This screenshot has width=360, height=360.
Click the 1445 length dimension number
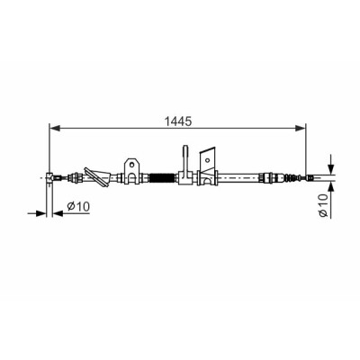click(x=178, y=121)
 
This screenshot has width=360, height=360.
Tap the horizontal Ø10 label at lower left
click(x=78, y=206)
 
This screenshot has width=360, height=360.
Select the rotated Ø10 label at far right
click(x=323, y=205)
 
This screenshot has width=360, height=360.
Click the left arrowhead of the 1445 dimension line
click(x=55, y=129)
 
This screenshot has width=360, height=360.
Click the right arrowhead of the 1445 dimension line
click(x=300, y=129)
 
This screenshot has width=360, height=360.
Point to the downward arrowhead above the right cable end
click(x=330, y=168)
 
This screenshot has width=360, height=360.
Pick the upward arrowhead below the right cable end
click(x=330, y=187)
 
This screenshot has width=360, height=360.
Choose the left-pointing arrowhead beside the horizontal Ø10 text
click(x=58, y=213)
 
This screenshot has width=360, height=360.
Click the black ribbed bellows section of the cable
click(x=161, y=178)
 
